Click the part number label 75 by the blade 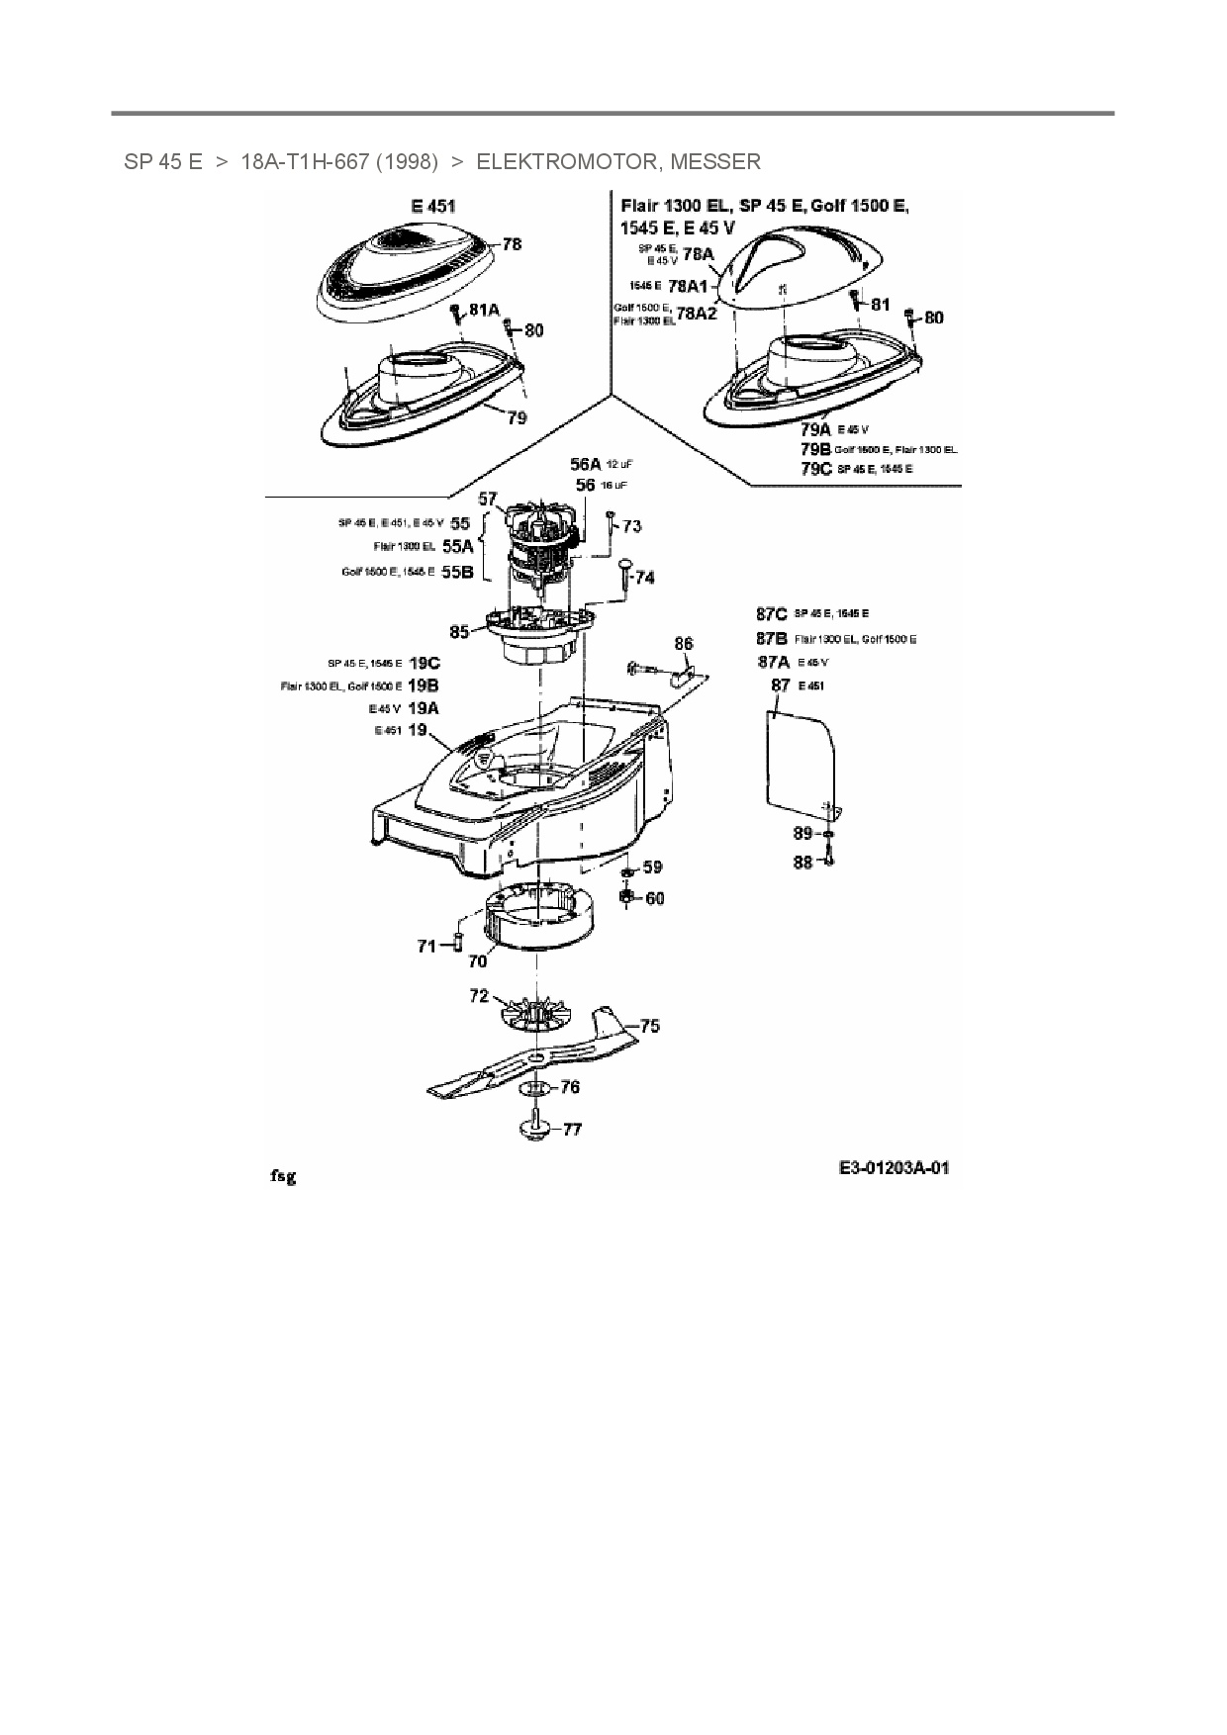(x=649, y=1026)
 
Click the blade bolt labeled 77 (x=534, y=1129)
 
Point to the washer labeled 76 (x=535, y=1088)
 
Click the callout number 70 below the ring (x=477, y=960)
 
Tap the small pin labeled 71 (x=459, y=940)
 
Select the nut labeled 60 (x=626, y=896)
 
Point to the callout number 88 (x=802, y=863)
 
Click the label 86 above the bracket (x=684, y=644)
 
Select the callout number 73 (x=631, y=526)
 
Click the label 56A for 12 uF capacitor (x=585, y=464)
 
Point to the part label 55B (x=457, y=571)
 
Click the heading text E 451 (x=433, y=207)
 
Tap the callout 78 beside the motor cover (x=512, y=243)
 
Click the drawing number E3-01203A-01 (x=894, y=1168)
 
